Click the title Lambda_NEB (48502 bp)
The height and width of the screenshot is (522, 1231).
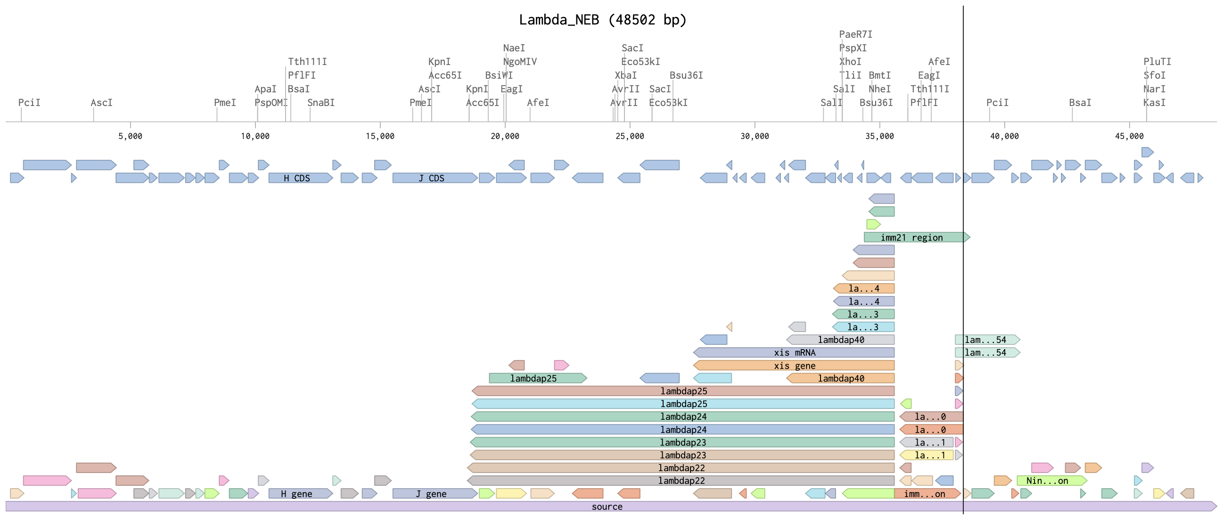click(603, 20)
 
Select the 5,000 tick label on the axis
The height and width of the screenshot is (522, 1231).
click(131, 136)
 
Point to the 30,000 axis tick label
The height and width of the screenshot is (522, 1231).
click(755, 136)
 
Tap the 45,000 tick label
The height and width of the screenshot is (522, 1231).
click(1129, 136)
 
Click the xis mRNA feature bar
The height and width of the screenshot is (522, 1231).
click(794, 352)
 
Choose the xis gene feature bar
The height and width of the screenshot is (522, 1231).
click(794, 365)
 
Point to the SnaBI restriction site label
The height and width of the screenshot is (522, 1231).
click(320, 103)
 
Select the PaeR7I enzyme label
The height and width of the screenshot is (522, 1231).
click(855, 34)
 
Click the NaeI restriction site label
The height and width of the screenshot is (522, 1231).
click(514, 48)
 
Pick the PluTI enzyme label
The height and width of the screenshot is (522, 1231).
click(1157, 62)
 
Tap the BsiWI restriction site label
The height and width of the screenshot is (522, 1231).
click(499, 75)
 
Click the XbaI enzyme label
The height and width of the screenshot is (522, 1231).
click(625, 75)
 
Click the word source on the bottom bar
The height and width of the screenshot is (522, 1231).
click(607, 506)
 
